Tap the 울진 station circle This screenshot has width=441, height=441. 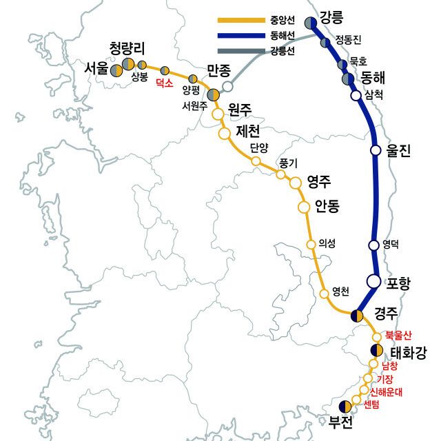[x=376, y=150]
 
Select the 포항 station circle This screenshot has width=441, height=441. [x=373, y=280]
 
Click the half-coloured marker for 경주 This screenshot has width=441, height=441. [x=356, y=316]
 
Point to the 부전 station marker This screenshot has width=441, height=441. [x=345, y=407]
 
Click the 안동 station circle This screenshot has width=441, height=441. [x=303, y=206]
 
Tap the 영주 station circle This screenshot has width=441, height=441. [x=296, y=183]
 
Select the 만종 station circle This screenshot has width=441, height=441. [x=228, y=86]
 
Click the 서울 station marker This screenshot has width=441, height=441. [x=116, y=70]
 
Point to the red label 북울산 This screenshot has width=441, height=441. [x=398, y=335]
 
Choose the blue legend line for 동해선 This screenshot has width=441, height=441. [x=240, y=36]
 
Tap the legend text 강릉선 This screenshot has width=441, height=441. [x=282, y=51]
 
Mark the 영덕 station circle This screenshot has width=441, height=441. [x=374, y=245]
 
